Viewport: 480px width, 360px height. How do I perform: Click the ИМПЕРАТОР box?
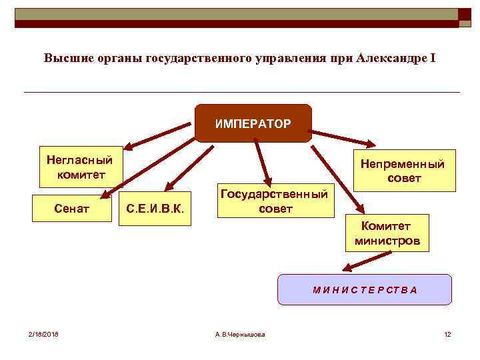[x=253, y=124]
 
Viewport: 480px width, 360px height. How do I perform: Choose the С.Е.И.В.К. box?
[x=155, y=209]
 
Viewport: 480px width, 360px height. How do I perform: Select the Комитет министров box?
[x=387, y=233]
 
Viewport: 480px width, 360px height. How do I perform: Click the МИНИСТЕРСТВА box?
[x=365, y=289]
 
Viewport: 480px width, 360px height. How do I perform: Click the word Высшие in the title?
[x=65, y=58]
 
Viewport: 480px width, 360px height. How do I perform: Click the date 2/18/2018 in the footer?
[x=43, y=334]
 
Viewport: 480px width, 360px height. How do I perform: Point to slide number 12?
[x=447, y=334]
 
